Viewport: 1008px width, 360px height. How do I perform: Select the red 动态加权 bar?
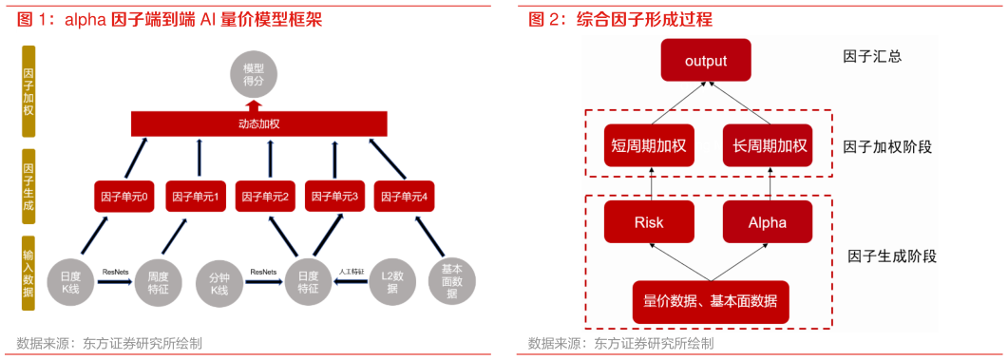tap(258, 123)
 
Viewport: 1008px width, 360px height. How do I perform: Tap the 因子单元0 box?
tap(124, 197)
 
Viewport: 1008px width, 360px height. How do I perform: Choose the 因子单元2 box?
tap(264, 197)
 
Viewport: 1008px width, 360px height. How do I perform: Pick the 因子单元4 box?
tap(404, 197)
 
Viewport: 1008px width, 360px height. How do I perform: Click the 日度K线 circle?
tap(70, 281)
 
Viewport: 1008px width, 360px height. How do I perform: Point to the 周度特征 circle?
tap(158, 281)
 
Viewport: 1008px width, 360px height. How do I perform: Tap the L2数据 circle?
tap(392, 281)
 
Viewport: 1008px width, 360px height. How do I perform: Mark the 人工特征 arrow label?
tap(351, 272)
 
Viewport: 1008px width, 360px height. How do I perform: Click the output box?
tap(706, 61)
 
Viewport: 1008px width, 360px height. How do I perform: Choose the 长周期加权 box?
tap(768, 145)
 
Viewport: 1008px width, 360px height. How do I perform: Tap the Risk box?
tap(649, 223)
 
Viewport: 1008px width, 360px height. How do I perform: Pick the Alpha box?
tap(768, 223)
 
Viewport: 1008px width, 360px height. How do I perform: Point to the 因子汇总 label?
tap(871, 56)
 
